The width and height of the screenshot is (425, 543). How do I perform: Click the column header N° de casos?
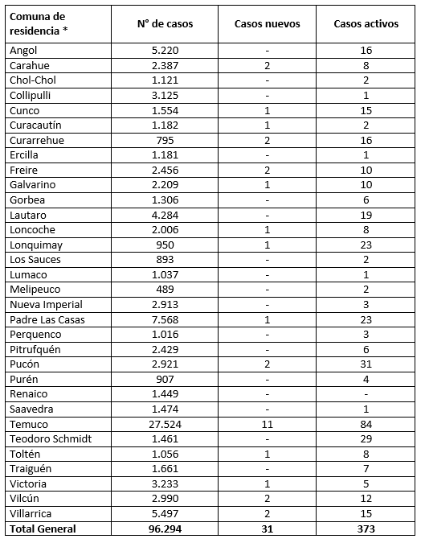166,24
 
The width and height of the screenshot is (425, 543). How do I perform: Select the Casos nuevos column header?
267,24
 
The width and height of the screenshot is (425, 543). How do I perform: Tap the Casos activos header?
366,24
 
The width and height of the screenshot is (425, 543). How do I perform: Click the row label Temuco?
29,424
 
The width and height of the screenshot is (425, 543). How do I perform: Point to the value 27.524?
166,424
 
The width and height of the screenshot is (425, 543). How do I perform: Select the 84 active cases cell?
366,424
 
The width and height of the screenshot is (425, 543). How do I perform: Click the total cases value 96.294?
166,529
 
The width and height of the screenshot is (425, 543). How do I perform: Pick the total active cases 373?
366,529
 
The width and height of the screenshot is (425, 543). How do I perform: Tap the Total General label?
43,529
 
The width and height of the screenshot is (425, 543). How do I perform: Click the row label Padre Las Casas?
47,319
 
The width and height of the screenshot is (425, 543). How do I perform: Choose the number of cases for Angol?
166,50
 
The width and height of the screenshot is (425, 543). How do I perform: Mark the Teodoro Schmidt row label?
49,438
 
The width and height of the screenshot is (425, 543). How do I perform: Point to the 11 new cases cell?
267,424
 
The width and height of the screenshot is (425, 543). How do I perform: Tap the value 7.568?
166,319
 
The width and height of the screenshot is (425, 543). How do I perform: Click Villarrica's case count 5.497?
166,513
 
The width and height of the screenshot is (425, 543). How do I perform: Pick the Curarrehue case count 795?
166,140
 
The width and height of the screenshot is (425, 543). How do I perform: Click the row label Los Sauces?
35,259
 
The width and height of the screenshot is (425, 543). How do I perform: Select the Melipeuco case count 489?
166,290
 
